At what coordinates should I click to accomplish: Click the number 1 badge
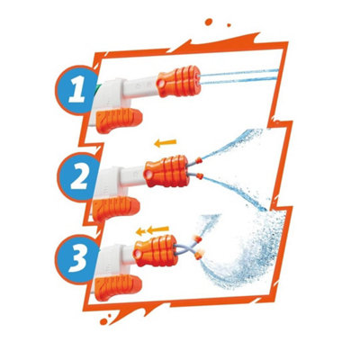tap(77, 90)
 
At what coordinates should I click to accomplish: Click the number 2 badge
tap(79, 177)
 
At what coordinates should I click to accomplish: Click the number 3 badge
tap(78, 259)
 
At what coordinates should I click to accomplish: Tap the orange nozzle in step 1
tap(179, 81)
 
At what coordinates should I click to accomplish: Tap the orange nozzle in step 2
tap(166, 171)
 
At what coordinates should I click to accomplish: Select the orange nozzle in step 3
tap(155, 251)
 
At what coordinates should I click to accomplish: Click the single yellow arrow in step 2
tap(166, 143)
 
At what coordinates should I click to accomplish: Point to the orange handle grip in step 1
tap(119, 120)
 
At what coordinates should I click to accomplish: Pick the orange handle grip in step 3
tap(118, 287)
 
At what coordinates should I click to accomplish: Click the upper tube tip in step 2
tap(199, 161)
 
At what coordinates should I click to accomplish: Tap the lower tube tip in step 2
tap(200, 176)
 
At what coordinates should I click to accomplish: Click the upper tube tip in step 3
tap(197, 239)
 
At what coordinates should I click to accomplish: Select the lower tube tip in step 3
tap(198, 256)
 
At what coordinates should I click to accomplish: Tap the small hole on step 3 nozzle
tap(138, 254)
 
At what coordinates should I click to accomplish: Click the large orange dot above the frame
tap(209, 22)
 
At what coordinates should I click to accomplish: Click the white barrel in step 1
tap(139, 86)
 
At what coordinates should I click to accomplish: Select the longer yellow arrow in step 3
tap(157, 230)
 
